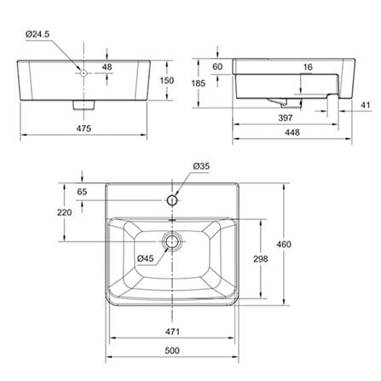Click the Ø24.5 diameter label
point(38,34)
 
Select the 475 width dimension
point(84,129)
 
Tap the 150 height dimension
point(167,81)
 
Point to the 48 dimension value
point(107,67)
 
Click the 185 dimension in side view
point(198,84)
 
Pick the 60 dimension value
point(217,66)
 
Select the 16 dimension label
point(308,67)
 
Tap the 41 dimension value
point(366,105)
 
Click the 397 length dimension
point(286,118)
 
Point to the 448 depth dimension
point(292,132)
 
